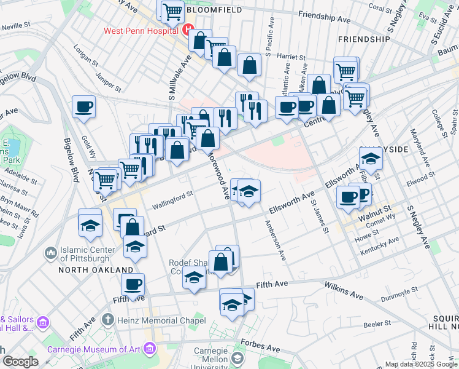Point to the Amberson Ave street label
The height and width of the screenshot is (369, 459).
click(x=274, y=239)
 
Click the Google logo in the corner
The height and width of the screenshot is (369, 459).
click(x=21, y=362)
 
